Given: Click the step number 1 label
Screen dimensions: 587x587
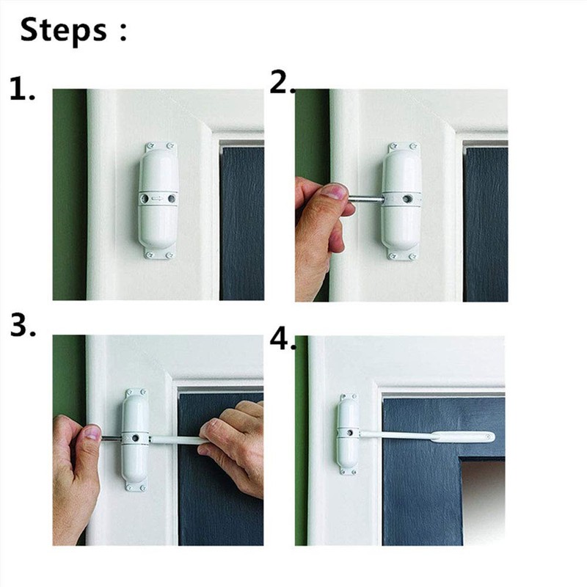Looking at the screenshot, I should coord(22,90).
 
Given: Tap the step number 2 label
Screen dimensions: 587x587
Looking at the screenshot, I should coord(280,84).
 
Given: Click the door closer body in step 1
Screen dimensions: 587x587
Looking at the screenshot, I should coord(158,220).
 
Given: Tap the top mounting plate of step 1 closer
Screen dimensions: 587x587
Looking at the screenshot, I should coord(158,147).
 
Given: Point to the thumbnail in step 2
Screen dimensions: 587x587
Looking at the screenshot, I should coord(335,193).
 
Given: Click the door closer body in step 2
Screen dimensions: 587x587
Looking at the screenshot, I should coord(401,220).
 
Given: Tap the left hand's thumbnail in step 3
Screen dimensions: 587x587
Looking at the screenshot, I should coord(90,432).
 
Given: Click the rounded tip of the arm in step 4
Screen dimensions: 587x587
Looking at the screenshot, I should coord(487,437).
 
